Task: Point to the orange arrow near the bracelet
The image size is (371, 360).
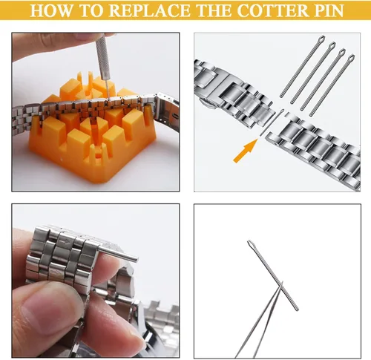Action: [245, 151]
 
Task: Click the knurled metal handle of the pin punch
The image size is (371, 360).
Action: [102, 58]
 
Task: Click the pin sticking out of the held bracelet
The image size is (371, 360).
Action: [118, 253]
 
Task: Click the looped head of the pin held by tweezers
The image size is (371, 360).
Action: [250, 244]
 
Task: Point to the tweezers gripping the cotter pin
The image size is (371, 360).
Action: [260, 321]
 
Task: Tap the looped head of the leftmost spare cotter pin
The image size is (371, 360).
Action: [321, 39]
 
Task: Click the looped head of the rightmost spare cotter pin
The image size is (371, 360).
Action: [351, 59]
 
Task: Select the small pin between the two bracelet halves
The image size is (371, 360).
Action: [273, 122]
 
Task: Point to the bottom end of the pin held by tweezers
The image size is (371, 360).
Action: [297, 309]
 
